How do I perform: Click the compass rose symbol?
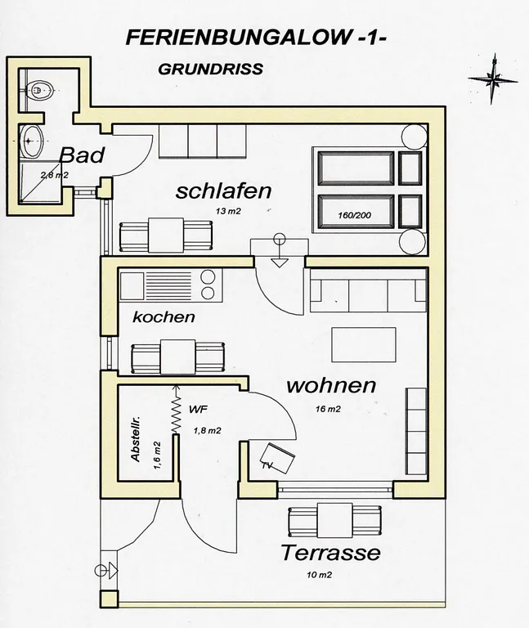492,78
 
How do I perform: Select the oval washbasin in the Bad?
31,141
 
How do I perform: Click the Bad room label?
82,155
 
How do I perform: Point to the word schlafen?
223,191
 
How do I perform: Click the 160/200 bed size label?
354,215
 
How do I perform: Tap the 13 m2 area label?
228,211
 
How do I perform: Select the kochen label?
164,317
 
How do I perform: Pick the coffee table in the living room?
364,344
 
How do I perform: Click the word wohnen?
332,385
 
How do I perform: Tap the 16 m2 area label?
328,409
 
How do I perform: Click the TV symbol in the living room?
278,457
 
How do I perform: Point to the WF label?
198,410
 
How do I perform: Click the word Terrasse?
330,553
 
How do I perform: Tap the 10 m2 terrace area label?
319,575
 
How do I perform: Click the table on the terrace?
334,520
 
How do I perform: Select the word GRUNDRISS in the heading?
211,70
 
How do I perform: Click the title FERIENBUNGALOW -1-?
256,38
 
